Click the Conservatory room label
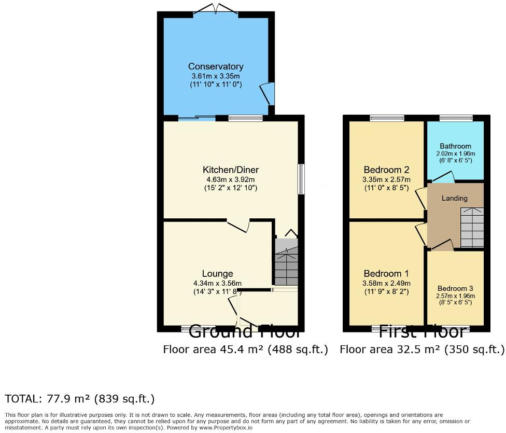216,66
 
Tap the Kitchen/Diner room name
231,170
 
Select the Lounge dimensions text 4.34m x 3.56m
217,283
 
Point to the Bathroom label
455,146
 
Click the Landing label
454,198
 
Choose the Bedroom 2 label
386,170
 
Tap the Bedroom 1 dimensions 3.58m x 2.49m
386,283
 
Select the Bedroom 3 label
455,288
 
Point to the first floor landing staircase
472,227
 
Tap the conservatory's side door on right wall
269,94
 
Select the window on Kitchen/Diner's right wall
301,179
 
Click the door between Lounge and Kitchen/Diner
239,226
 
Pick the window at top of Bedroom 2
387,118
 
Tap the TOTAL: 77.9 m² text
80,399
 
